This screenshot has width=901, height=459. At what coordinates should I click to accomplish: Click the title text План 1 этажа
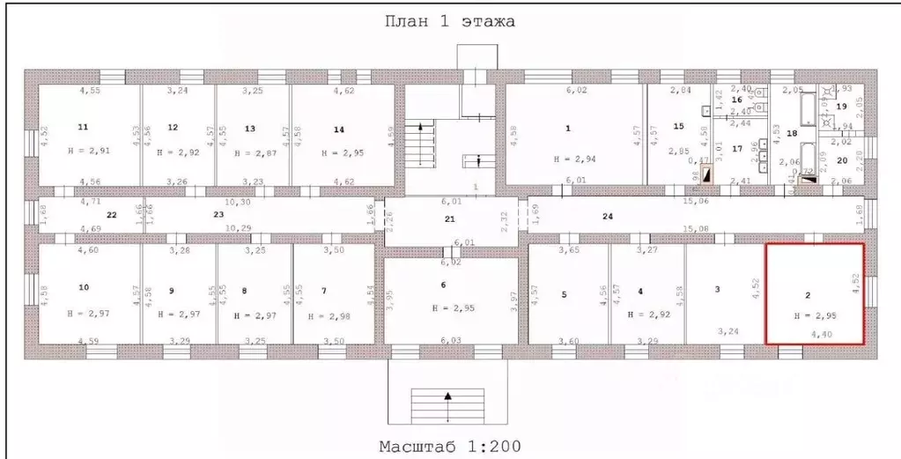pyautogui.click(x=449, y=20)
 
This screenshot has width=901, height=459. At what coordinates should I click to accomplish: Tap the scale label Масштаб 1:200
pyautogui.click(x=449, y=445)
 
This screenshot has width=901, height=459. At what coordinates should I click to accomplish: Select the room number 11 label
pyautogui.click(x=84, y=127)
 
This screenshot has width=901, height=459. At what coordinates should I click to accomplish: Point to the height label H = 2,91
pyautogui.click(x=89, y=151)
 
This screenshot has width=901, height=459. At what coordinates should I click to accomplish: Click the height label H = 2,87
pyautogui.click(x=254, y=152)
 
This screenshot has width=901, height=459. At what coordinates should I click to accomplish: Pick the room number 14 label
pyautogui.click(x=338, y=129)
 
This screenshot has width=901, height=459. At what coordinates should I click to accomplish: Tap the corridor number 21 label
pyautogui.click(x=449, y=218)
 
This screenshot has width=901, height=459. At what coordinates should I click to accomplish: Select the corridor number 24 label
pyautogui.click(x=607, y=216)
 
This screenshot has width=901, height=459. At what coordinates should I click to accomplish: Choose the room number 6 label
pyautogui.click(x=443, y=285)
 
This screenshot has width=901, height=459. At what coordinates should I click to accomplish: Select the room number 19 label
pyautogui.click(x=841, y=107)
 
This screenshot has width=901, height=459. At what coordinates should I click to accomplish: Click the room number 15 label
pyautogui.click(x=678, y=126)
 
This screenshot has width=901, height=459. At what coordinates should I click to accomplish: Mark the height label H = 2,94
pyautogui.click(x=574, y=159)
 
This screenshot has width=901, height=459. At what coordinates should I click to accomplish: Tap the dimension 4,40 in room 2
pyautogui.click(x=820, y=335)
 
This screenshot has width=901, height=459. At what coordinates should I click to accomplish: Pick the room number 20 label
pyautogui.click(x=841, y=159)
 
